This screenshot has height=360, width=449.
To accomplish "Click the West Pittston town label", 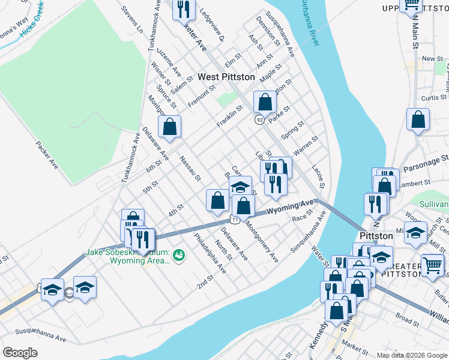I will coord(226,77).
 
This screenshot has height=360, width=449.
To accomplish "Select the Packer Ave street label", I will coord(46,155).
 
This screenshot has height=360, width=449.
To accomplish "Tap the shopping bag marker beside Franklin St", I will coord(264,103).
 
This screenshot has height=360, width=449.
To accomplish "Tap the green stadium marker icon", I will coord(179,256).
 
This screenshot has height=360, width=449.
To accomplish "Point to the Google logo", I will coord(20,353).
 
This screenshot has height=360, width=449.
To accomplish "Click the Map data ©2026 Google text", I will coord(411,355).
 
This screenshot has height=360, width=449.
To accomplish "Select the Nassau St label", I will coord(190,170).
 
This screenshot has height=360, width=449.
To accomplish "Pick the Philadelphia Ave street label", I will coord(209,253).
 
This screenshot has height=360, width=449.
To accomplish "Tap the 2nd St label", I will coord(205,282).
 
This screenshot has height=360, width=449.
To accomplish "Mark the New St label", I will coord(432,59).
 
